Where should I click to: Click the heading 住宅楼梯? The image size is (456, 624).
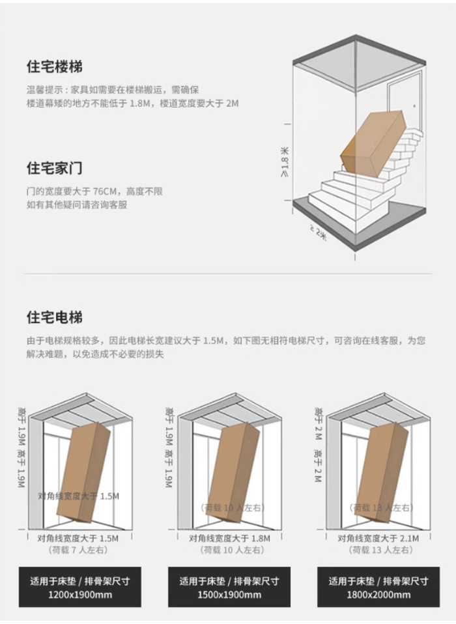[55, 66]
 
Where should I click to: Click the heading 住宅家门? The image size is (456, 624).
[55, 168]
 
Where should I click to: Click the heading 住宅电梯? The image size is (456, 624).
[55, 318]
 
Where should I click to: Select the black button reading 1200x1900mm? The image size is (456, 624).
[79, 588]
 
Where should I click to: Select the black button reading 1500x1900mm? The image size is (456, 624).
[229, 588]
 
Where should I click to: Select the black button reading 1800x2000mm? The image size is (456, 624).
[378, 588]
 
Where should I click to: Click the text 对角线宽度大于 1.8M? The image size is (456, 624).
[229, 539]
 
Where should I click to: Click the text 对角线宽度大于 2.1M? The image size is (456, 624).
[378, 539]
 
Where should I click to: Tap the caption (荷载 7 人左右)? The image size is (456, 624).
[79, 550]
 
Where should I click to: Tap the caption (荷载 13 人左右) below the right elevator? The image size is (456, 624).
[378, 550]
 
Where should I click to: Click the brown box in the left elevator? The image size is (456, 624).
[83, 472]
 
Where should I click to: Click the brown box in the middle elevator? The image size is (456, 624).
[235, 470]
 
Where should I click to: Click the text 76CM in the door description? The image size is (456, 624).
[105, 191]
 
